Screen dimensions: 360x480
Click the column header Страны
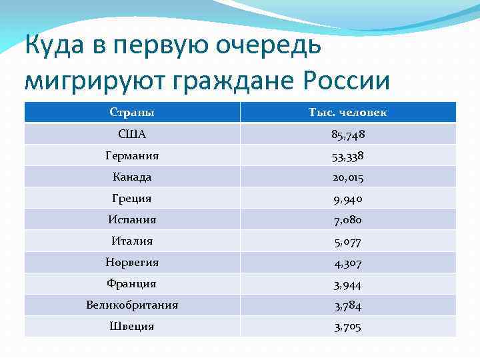[131, 113]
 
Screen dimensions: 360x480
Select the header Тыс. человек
[347, 113]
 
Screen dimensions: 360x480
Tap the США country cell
[131, 135]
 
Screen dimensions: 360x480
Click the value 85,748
[347, 135]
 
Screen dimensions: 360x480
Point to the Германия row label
[131, 156]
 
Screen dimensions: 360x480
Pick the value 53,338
[347, 156]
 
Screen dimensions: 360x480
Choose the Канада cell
[131, 177]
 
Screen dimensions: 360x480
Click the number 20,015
[347, 177]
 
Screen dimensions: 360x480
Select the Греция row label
[131, 199]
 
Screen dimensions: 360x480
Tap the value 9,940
[347, 199]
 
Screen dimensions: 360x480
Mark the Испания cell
[131, 220]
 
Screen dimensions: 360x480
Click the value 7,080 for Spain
[347, 220]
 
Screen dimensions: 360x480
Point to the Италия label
[131, 241]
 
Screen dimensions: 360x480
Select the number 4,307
[347, 263]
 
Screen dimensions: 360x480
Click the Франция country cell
[131, 284]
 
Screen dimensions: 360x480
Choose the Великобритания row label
[131, 305]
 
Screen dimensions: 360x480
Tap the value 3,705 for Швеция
[347, 327]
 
